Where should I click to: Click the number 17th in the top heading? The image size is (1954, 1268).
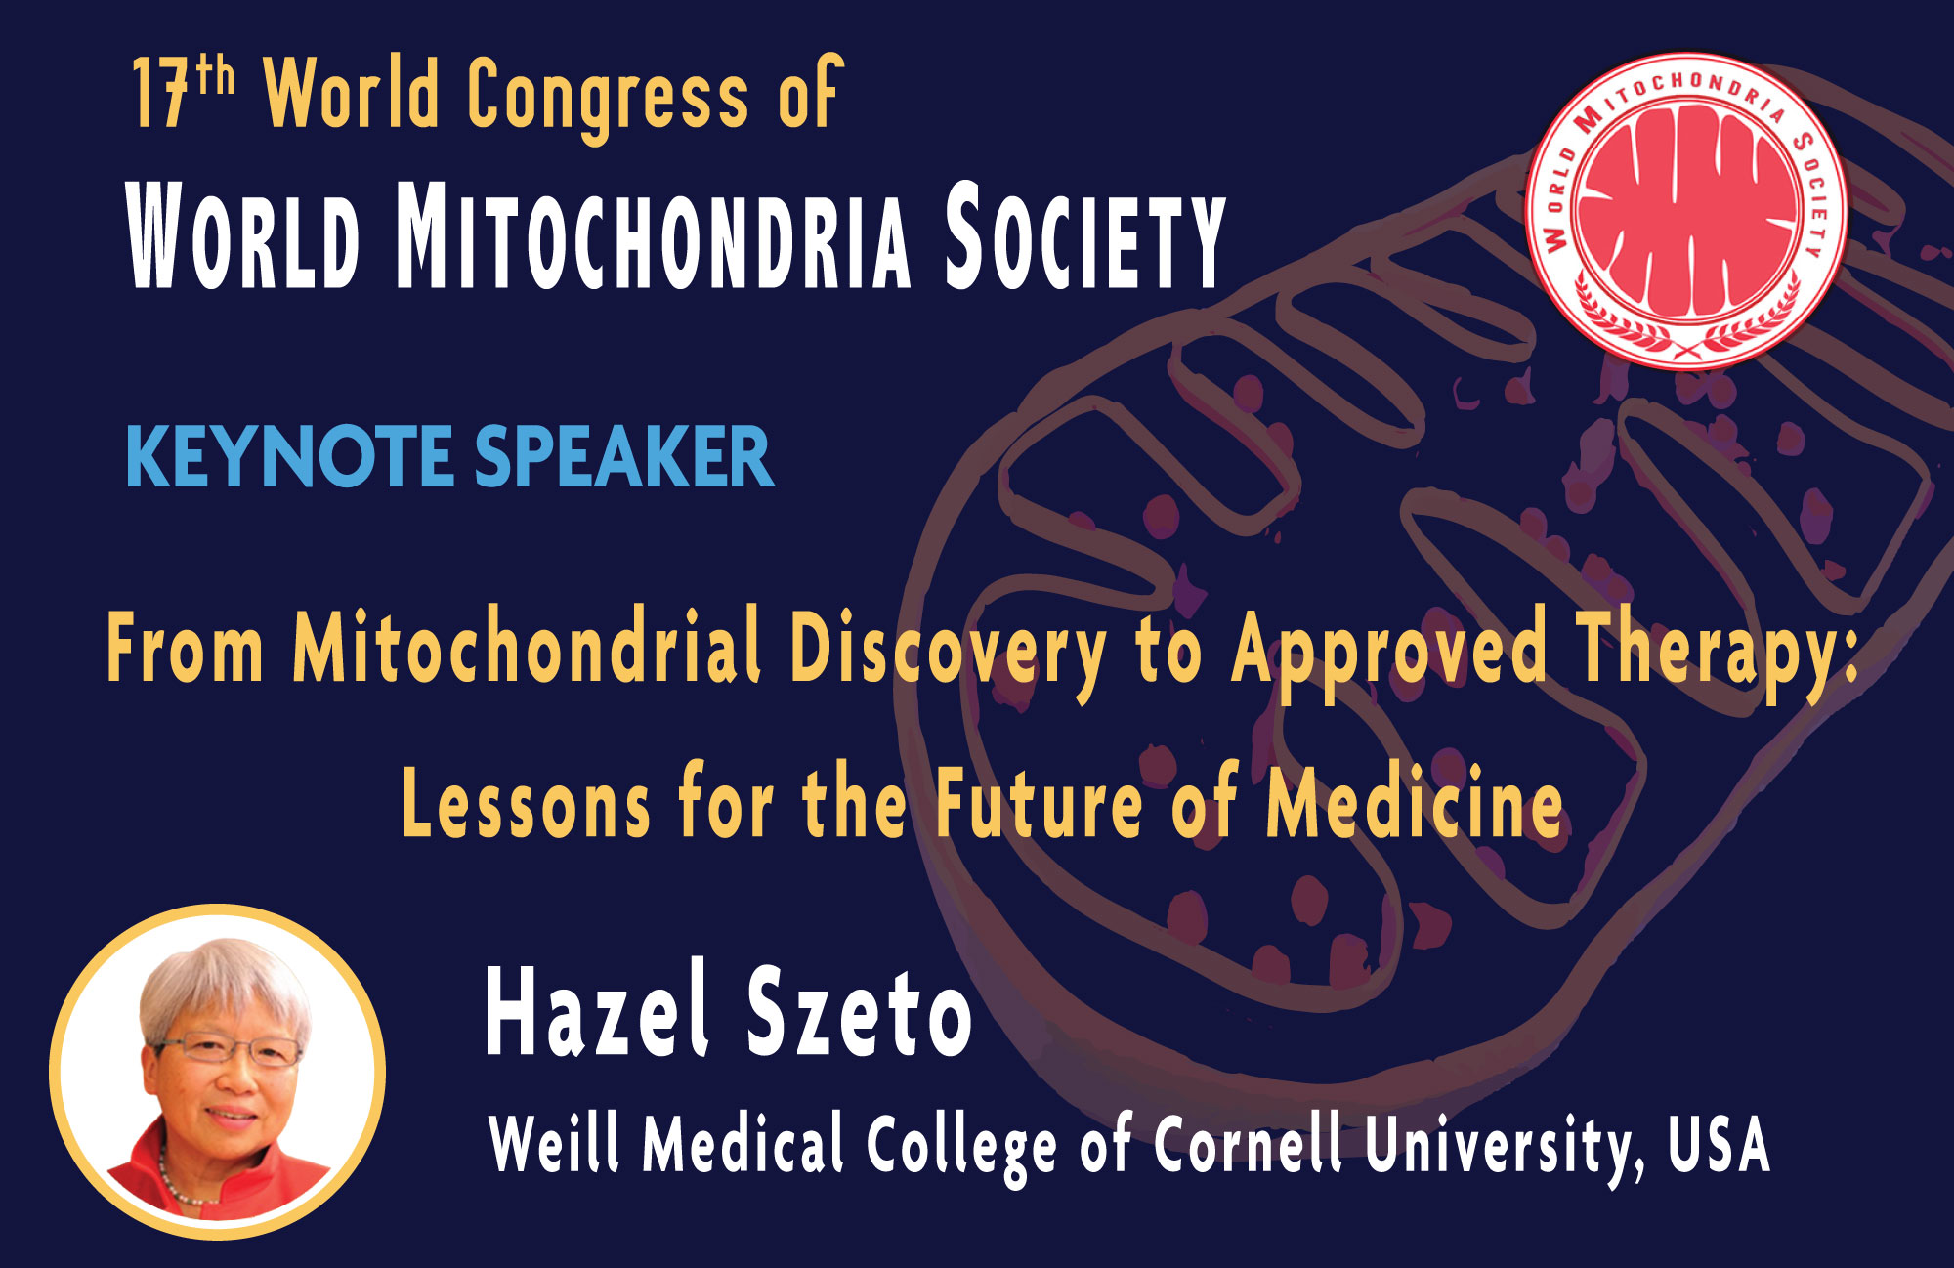pos(184,93)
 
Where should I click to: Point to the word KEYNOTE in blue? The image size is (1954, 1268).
pos(289,457)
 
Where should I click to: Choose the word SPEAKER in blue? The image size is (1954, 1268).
pos(624,457)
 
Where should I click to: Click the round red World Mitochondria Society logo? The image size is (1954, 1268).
pos(1686,210)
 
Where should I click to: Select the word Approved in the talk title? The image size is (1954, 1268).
pos(1388,649)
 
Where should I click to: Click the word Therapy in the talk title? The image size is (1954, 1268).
pos(1710,649)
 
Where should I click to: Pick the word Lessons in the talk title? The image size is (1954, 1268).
pos(526,804)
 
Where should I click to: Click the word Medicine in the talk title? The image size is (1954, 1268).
pos(1415,804)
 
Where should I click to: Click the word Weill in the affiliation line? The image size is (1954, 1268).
pos(554,1143)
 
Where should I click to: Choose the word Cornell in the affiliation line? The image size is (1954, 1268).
pos(1249,1143)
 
